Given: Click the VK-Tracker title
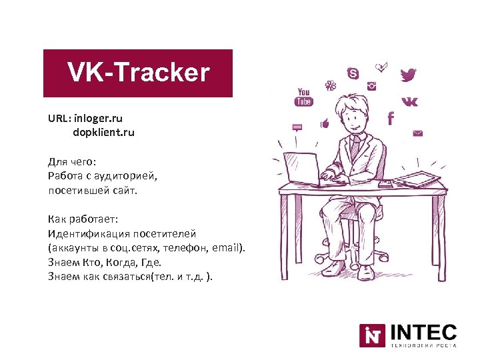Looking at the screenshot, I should pyautogui.click(x=138, y=73).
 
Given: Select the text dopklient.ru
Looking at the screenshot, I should pyautogui.click(x=103, y=133).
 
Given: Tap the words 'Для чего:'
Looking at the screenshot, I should pyautogui.click(x=71, y=162).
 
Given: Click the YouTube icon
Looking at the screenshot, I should pyautogui.click(x=304, y=97).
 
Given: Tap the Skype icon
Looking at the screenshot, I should pyautogui.click(x=353, y=73).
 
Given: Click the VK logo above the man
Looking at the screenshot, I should pyautogui.click(x=411, y=101).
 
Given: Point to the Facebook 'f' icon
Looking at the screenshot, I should pyautogui.click(x=391, y=118).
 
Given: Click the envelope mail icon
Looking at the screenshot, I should pyautogui.click(x=418, y=133).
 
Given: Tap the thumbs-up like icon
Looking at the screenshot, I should pyautogui.click(x=325, y=123).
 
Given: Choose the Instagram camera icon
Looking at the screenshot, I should pyautogui.click(x=372, y=86).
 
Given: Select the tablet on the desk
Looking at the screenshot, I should pyautogui.click(x=417, y=179).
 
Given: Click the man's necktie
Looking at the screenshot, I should pyautogui.click(x=355, y=148).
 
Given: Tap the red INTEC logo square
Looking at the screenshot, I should pyautogui.click(x=372, y=335).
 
